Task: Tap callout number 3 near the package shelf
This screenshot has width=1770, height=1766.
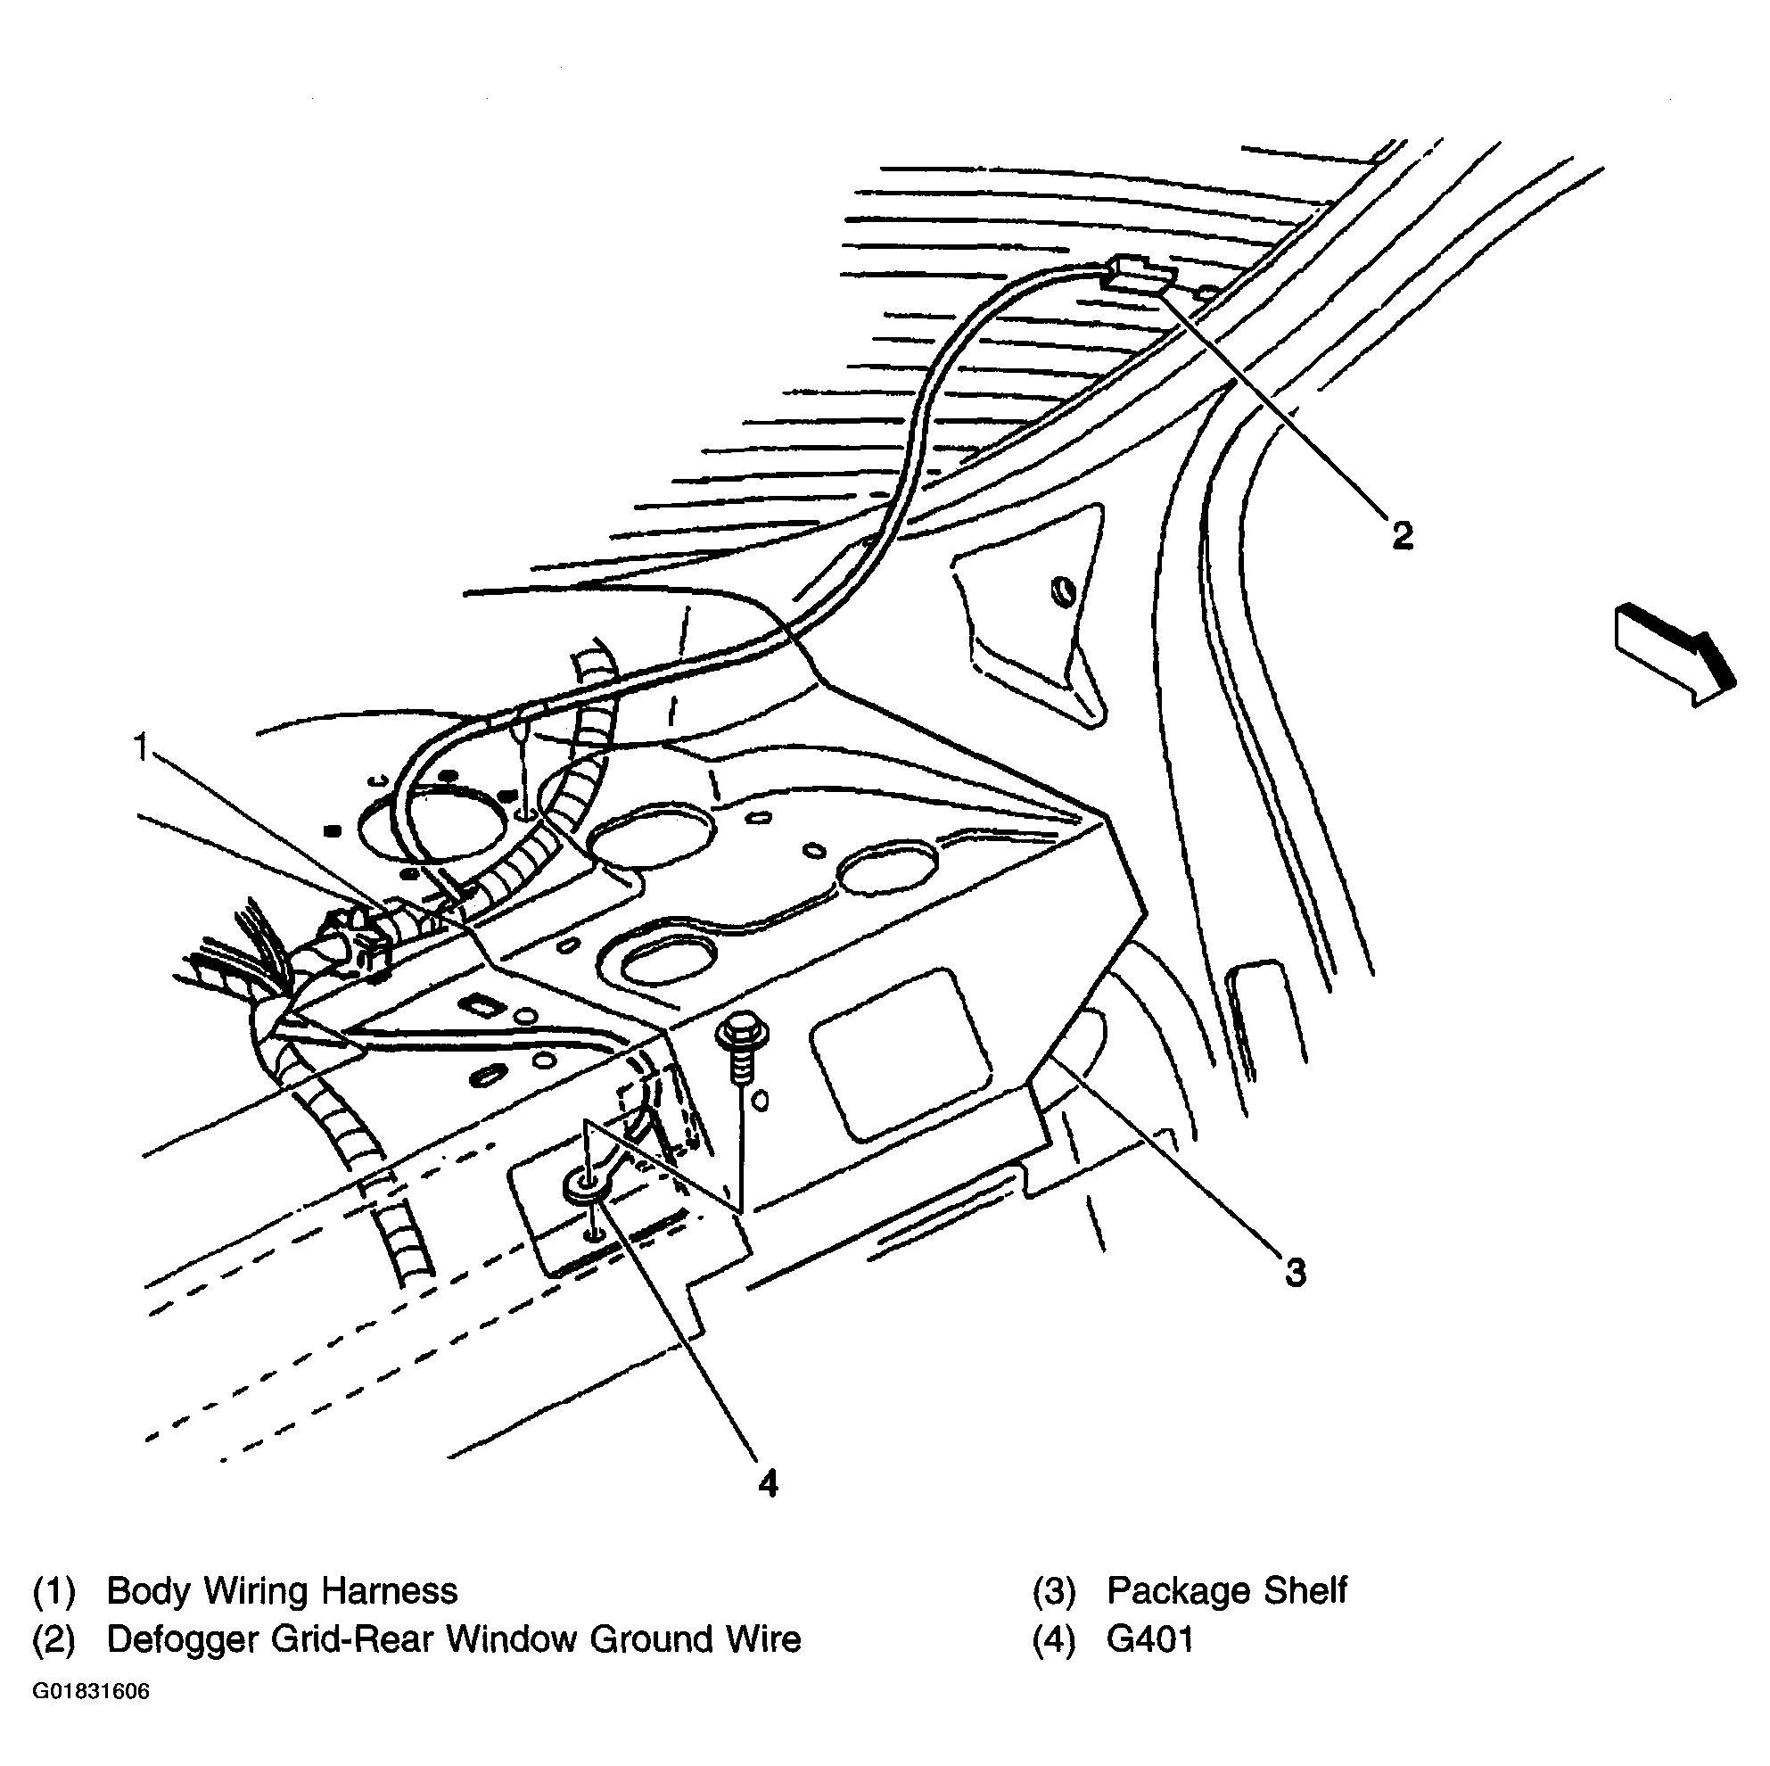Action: click(1295, 1272)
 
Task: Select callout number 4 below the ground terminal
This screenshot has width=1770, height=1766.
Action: click(768, 1481)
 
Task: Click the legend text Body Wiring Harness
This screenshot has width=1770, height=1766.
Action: click(281, 1591)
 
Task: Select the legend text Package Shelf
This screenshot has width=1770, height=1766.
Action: click(1226, 1591)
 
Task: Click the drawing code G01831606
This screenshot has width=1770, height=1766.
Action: click(91, 1691)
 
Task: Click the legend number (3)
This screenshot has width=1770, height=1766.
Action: click(1054, 1592)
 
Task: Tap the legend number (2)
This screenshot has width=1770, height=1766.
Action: click(54, 1640)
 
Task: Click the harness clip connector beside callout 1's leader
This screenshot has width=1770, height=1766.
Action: click(358, 945)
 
